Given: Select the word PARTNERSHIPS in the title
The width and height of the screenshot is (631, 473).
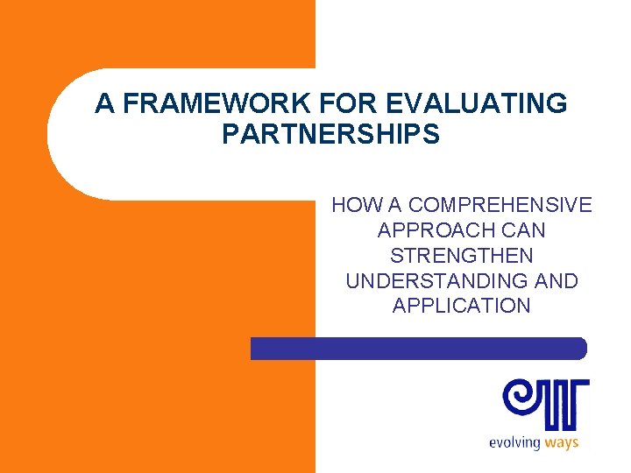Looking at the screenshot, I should [x=330, y=135].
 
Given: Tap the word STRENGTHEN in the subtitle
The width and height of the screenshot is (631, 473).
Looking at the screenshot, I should [x=461, y=256].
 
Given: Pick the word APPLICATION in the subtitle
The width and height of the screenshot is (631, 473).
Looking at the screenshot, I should [x=461, y=307].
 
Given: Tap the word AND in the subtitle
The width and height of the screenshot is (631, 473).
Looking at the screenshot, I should [x=557, y=281].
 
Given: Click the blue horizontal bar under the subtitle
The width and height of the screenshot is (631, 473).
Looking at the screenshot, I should [x=418, y=349].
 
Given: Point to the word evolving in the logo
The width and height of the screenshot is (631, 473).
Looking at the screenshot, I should [x=514, y=442].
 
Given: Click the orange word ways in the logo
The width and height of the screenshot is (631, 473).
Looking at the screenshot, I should [x=562, y=442].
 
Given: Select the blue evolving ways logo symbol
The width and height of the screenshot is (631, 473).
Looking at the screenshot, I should [x=545, y=403].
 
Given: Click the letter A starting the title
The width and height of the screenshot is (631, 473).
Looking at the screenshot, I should [x=105, y=103].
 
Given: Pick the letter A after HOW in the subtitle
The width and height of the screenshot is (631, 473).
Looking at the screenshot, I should [x=393, y=206].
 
